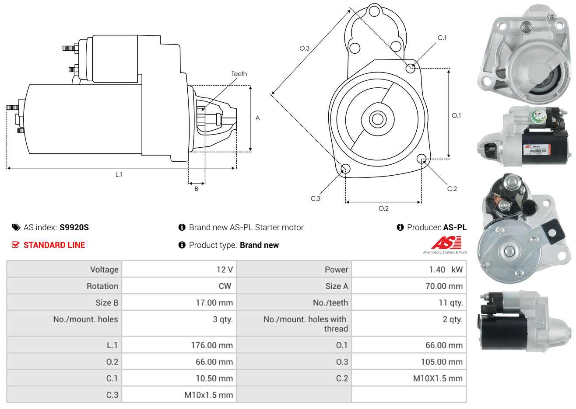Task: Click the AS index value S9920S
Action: point(74,227)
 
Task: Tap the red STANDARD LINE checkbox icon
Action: point(15,245)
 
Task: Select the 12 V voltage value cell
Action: point(224,270)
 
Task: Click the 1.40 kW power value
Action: point(445,270)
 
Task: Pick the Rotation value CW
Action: point(225,286)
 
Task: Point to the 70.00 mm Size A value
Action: point(444,286)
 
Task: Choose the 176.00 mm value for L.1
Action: point(211,345)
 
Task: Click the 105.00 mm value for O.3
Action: point(442,362)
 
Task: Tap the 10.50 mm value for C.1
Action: point(214,378)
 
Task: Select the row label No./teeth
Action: point(330,303)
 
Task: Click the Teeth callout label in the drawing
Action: point(239,74)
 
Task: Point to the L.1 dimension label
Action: point(119,174)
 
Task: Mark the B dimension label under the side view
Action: point(197,189)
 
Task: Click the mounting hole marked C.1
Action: point(410,68)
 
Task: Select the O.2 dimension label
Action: point(383,208)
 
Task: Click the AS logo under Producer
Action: point(446,243)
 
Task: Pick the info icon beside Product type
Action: point(182,245)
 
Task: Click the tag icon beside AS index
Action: point(16,227)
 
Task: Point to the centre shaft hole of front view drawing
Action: point(377,119)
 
